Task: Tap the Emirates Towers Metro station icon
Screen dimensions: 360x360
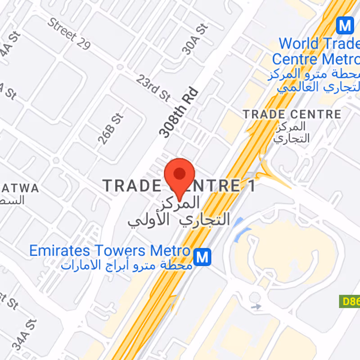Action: tap(202, 257)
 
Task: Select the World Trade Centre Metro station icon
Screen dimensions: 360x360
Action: tap(345, 25)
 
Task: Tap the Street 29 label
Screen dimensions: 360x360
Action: tap(69, 34)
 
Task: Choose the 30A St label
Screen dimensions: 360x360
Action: tap(195, 39)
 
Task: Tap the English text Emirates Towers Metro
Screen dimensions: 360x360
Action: tap(110, 251)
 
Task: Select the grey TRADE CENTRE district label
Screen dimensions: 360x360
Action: tap(292, 114)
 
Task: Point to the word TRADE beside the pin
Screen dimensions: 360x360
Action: tap(131, 185)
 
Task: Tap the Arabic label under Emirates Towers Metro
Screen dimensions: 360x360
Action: tap(127, 265)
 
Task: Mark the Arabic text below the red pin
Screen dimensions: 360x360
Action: tap(179, 212)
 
